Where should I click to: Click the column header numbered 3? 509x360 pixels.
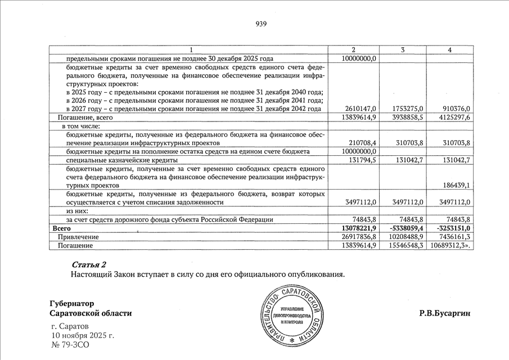point(403,50)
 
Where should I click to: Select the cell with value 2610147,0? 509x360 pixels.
point(359,109)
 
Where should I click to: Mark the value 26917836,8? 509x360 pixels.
point(358,237)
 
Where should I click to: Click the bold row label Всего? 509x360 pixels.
point(61,228)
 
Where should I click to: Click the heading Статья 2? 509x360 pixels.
point(89,264)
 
